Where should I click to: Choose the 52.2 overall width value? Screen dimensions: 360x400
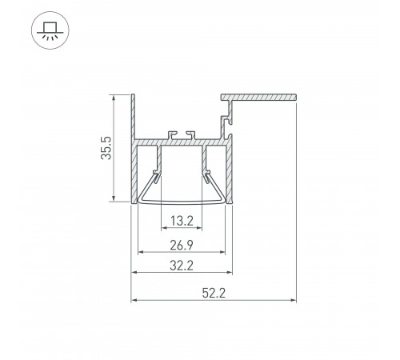[213, 293]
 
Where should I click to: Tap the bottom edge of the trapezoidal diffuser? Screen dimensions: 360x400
[181, 203]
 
